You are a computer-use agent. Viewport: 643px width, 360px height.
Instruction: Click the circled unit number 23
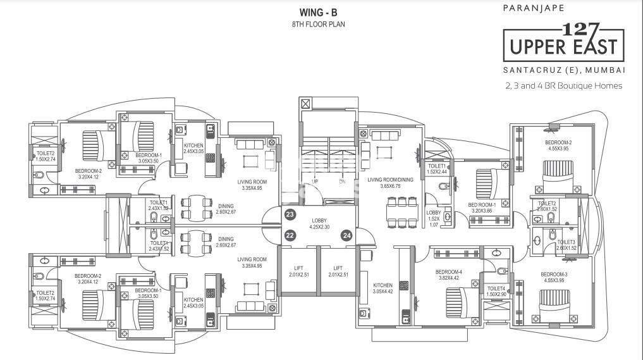tap(290, 214)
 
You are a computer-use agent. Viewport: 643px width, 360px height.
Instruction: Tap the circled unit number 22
tap(290, 235)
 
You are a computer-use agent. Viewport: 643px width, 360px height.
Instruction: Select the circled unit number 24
tap(346, 235)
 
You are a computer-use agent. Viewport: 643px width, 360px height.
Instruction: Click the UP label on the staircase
tap(314, 181)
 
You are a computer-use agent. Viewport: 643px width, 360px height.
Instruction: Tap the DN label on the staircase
tap(342, 181)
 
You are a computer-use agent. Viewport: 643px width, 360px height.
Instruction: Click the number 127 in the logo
tap(576, 28)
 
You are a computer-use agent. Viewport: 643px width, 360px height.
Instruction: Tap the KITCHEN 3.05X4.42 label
tap(383, 289)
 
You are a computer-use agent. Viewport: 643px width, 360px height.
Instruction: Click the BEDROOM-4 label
tap(449, 273)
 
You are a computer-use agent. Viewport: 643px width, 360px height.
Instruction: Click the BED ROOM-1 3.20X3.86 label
tap(482, 208)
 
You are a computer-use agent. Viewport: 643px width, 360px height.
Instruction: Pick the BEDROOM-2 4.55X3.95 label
tap(558, 146)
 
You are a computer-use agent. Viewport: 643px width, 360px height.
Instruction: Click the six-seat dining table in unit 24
tap(402, 210)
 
